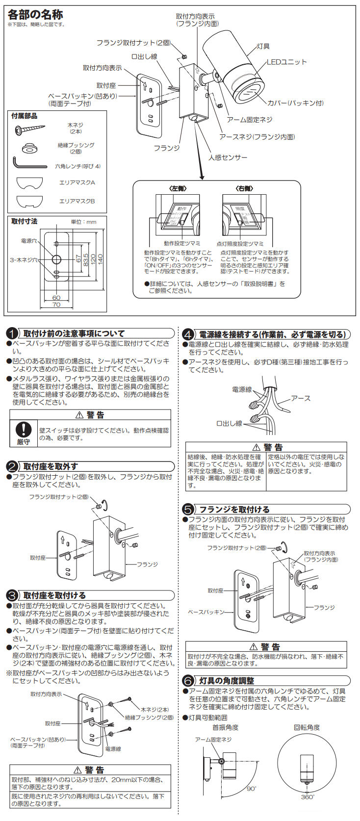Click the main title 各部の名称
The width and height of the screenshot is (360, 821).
coord(35,15)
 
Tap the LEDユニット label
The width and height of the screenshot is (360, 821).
coord(286,62)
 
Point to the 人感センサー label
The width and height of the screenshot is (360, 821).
coord(228,157)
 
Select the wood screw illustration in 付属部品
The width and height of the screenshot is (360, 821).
coord(30,129)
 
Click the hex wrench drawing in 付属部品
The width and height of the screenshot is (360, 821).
coord(29,163)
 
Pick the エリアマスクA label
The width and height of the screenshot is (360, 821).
coord(77,182)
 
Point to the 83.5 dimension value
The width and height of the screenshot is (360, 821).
coord(85,258)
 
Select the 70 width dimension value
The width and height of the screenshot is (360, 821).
coord(56,305)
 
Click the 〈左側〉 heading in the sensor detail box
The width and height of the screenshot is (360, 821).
coord(178,188)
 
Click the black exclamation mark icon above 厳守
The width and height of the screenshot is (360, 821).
coord(24,429)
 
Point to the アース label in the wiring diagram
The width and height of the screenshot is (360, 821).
coord(300,398)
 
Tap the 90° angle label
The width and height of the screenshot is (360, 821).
coord(251,789)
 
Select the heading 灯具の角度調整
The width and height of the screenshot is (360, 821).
coord(227,681)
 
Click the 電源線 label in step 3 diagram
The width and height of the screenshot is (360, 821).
coord(113,749)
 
